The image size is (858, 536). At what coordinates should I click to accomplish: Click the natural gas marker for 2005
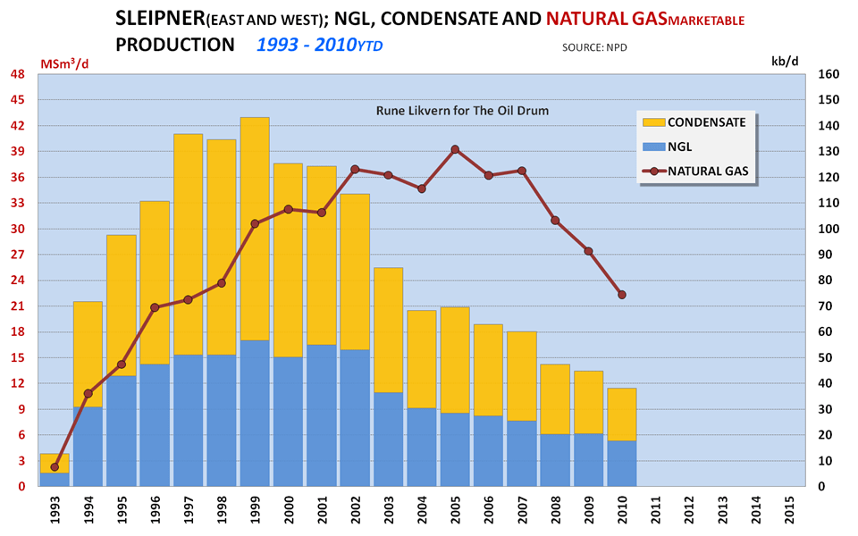click(x=455, y=149)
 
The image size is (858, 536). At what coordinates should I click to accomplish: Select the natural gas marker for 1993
click(x=55, y=467)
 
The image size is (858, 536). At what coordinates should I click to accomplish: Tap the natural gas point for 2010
click(x=621, y=295)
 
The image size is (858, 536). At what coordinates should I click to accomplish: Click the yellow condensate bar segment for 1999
click(x=255, y=229)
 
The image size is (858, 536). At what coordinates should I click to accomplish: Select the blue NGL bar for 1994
click(x=88, y=447)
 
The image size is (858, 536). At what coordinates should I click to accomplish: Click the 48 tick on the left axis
click(x=17, y=75)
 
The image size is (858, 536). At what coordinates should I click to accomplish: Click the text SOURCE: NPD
click(x=594, y=46)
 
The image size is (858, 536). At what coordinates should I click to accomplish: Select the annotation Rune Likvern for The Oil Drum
click(x=461, y=111)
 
